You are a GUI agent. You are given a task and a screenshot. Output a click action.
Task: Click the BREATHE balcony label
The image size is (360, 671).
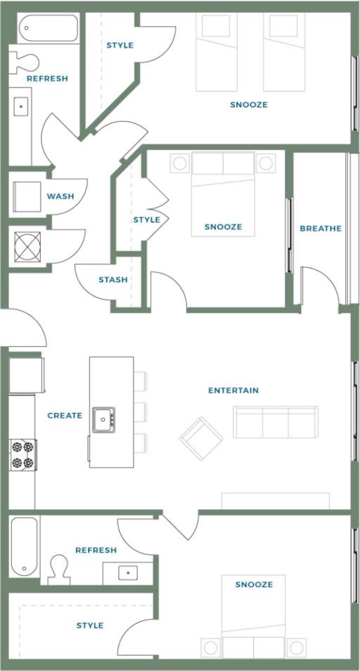321,228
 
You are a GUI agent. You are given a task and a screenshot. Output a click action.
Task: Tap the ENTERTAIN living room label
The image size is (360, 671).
233,390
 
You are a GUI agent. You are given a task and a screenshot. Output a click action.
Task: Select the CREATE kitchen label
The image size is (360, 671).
65,416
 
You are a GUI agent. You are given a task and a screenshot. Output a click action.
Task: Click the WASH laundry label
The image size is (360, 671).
60,196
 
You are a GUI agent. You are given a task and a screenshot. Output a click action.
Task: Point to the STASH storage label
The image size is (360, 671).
112,279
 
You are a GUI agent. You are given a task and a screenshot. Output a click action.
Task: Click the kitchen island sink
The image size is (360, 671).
103,420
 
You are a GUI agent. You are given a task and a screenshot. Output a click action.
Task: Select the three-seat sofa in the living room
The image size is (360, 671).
275,422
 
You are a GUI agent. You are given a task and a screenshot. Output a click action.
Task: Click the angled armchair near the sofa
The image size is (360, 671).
201,438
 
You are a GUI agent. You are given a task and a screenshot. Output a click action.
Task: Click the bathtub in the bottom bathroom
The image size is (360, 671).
24,547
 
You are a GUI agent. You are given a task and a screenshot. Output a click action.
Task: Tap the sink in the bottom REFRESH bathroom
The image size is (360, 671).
128,573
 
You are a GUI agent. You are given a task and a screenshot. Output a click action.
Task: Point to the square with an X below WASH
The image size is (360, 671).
29,247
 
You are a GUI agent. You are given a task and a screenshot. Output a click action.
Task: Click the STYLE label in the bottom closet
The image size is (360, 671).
89,625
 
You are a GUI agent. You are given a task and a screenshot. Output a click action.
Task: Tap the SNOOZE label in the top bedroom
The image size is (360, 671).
248,105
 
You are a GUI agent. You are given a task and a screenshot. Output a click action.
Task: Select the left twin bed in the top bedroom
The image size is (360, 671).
216,52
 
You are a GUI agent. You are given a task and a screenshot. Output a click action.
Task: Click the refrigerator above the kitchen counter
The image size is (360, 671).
26,375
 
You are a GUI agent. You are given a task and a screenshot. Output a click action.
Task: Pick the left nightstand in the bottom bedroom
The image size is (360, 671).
210,646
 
